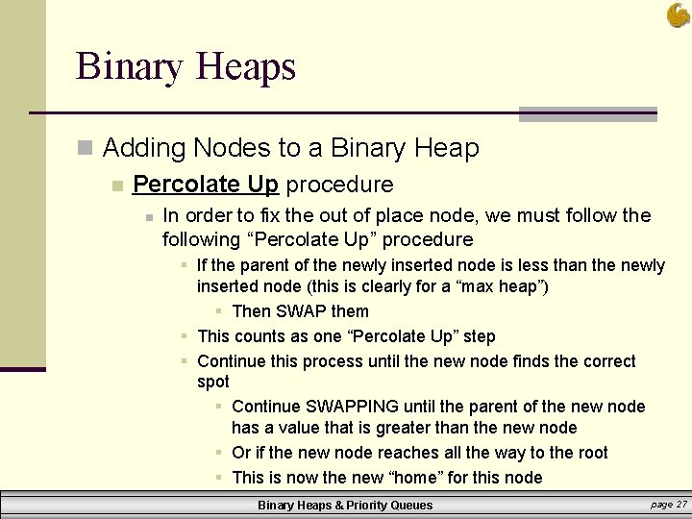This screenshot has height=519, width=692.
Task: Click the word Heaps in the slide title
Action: [245, 67]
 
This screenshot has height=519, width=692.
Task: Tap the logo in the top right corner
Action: [678, 14]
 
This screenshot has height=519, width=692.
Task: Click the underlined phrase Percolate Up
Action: [206, 184]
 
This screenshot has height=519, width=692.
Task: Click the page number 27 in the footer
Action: [681, 505]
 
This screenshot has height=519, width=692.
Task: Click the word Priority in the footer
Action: [365, 506]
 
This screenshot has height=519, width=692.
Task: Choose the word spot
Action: [212, 383]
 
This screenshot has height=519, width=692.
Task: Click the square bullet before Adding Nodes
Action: [85, 148]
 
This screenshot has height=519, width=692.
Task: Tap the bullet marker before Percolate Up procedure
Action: [116, 185]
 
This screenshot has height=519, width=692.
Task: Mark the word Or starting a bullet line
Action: [241, 453]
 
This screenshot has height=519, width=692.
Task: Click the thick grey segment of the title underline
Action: [587, 114]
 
